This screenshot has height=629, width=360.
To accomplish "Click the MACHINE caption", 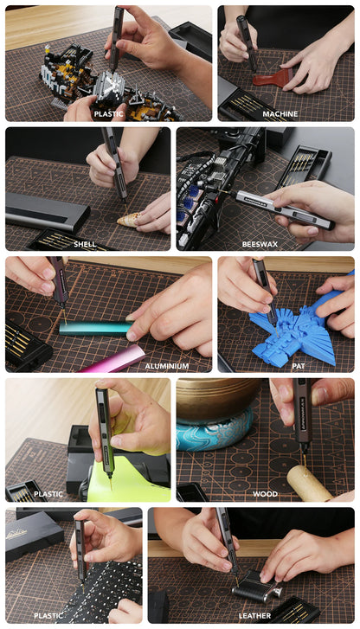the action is coord(280,114).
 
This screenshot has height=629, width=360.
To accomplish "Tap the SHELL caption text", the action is coord(85,244).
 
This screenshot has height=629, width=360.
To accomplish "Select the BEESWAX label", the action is coord(260,244).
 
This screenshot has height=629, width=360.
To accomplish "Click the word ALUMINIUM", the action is coord(166,366).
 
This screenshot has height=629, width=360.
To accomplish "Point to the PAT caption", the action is coord(299,366).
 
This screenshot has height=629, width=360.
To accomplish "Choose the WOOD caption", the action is coord(265,494).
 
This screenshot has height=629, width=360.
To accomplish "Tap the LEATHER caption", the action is coord(254,615).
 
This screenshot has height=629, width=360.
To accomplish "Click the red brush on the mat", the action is coord(273,77).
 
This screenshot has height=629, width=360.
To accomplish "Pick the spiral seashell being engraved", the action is coord(129,219).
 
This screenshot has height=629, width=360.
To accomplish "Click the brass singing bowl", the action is coord(217,399).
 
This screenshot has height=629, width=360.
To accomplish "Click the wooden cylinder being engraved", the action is coord(308,483).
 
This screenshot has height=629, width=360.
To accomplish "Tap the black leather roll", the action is coord(253,587).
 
